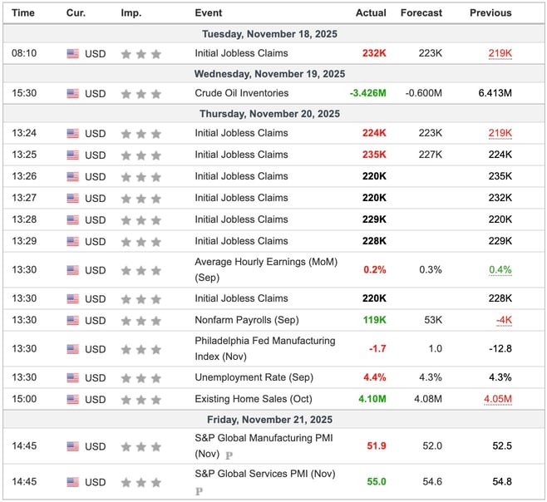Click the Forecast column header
point(421,13)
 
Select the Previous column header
point(490,13)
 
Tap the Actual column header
point(371,13)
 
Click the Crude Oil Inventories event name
point(242,93)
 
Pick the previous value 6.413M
point(495,93)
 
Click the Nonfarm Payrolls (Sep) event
point(246,320)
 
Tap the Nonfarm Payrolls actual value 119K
point(374,320)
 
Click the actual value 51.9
point(377,446)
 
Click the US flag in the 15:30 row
point(73,93)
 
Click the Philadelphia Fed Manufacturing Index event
point(264,348)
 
